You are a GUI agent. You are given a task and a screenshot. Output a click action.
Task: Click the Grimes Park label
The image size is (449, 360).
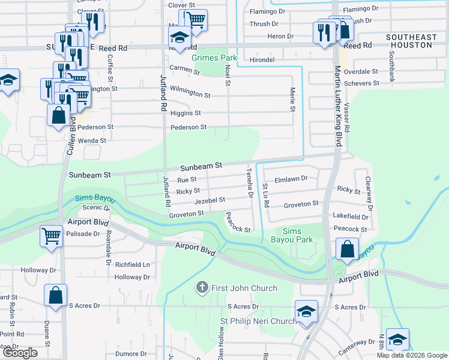pos(214,58)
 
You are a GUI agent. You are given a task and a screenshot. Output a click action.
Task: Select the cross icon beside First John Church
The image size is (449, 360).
pos(202,288)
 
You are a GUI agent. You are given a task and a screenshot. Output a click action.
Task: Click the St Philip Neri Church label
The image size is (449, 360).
pos(258,321)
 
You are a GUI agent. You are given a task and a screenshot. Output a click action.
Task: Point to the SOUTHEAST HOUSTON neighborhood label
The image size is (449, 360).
pos(411,41)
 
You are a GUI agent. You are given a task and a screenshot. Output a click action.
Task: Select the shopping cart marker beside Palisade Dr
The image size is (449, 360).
pos(52,235)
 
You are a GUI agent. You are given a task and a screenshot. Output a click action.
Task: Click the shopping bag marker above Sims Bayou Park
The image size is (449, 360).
pos(348,248)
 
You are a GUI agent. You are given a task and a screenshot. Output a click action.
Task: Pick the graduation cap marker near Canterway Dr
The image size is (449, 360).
pos(397,340)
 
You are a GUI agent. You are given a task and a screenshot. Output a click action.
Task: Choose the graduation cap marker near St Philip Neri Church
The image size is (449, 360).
pos(306,311)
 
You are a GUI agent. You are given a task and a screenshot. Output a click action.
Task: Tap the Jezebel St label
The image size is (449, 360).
pos(209,200)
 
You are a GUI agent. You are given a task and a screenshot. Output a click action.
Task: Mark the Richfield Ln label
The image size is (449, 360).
pos(132,264)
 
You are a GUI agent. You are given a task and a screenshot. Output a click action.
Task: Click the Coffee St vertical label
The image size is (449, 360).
pos(110,68)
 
